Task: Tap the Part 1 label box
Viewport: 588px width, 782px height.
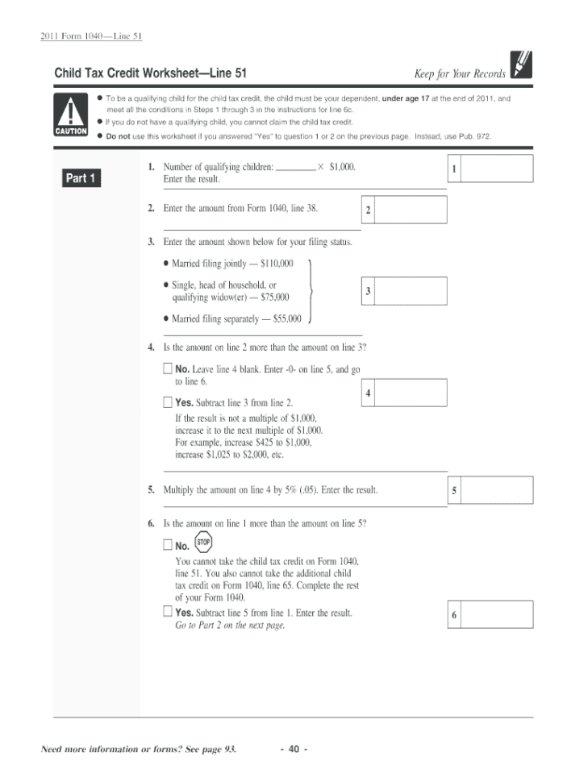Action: (81, 178)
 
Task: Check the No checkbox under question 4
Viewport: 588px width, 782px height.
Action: (168, 368)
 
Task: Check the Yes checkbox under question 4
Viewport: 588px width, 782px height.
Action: (168, 401)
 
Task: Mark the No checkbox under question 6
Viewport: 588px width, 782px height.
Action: (168, 545)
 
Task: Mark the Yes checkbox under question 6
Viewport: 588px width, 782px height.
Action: (168, 613)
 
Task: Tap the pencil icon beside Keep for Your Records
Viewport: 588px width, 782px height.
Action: (521, 65)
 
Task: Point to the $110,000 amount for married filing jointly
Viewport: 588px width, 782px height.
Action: (277, 264)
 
